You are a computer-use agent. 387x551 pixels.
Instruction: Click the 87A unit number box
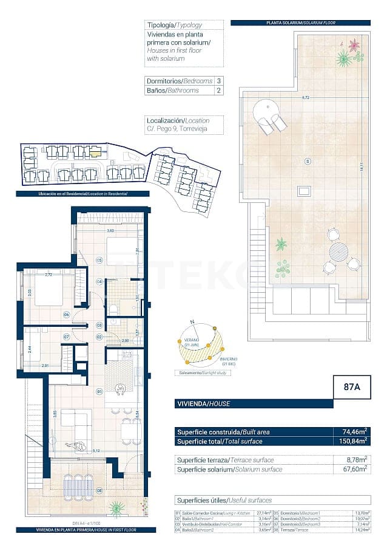[x=352, y=386]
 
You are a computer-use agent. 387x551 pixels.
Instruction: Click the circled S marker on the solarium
[x=308, y=161]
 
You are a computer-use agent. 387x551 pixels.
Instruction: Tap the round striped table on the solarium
[x=339, y=250]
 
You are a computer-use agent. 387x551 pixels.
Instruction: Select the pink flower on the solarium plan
[x=354, y=45]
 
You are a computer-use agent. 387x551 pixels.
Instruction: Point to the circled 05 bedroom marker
[x=99, y=260]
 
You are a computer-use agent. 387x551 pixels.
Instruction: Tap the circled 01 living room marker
[x=99, y=391]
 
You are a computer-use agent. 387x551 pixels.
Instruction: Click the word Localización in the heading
[x=164, y=121]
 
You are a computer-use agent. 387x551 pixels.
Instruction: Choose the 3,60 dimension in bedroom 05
[x=110, y=231]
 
